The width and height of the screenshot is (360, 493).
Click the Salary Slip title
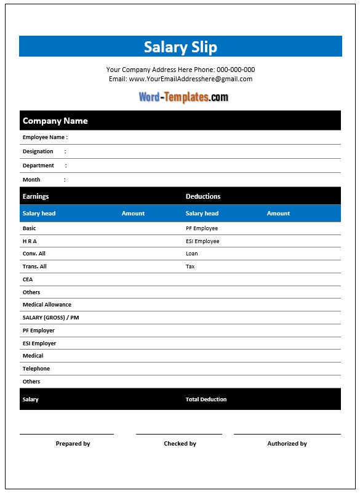pyautogui.click(x=180, y=47)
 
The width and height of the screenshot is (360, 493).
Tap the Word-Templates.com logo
pyautogui.click(x=183, y=97)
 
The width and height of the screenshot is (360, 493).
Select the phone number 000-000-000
pyautogui.click(x=236, y=70)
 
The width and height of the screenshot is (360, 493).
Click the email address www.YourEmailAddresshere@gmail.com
pyautogui.click(x=190, y=79)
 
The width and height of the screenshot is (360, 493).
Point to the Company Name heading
pyautogui.click(x=55, y=121)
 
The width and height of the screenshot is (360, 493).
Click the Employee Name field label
pyautogui.click(x=45, y=137)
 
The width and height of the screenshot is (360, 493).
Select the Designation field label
pyautogui.click(x=38, y=151)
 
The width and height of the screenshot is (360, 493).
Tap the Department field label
pyautogui.click(x=38, y=166)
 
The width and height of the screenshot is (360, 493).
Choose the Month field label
pyautogui.click(x=31, y=180)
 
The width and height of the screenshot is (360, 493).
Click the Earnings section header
pyautogui.click(x=36, y=196)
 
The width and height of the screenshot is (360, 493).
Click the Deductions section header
pyautogui.click(x=203, y=196)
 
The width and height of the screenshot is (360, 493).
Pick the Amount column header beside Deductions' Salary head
pyautogui.click(x=278, y=214)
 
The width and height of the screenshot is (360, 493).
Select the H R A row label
pyautogui.click(x=30, y=241)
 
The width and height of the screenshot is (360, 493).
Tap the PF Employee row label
pyautogui.click(x=202, y=228)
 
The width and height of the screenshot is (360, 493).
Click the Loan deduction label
pyautogui.click(x=192, y=254)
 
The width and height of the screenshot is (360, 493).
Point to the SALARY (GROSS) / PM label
pyautogui.click(x=50, y=318)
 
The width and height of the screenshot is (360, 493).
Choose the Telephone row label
pyautogui.click(x=36, y=369)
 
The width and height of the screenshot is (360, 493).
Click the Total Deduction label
pyautogui.click(x=206, y=399)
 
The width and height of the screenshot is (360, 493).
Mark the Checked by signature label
pyautogui.click(x=180, y=444)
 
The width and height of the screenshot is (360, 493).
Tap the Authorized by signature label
pyautogui.click(x=287, y=444)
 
